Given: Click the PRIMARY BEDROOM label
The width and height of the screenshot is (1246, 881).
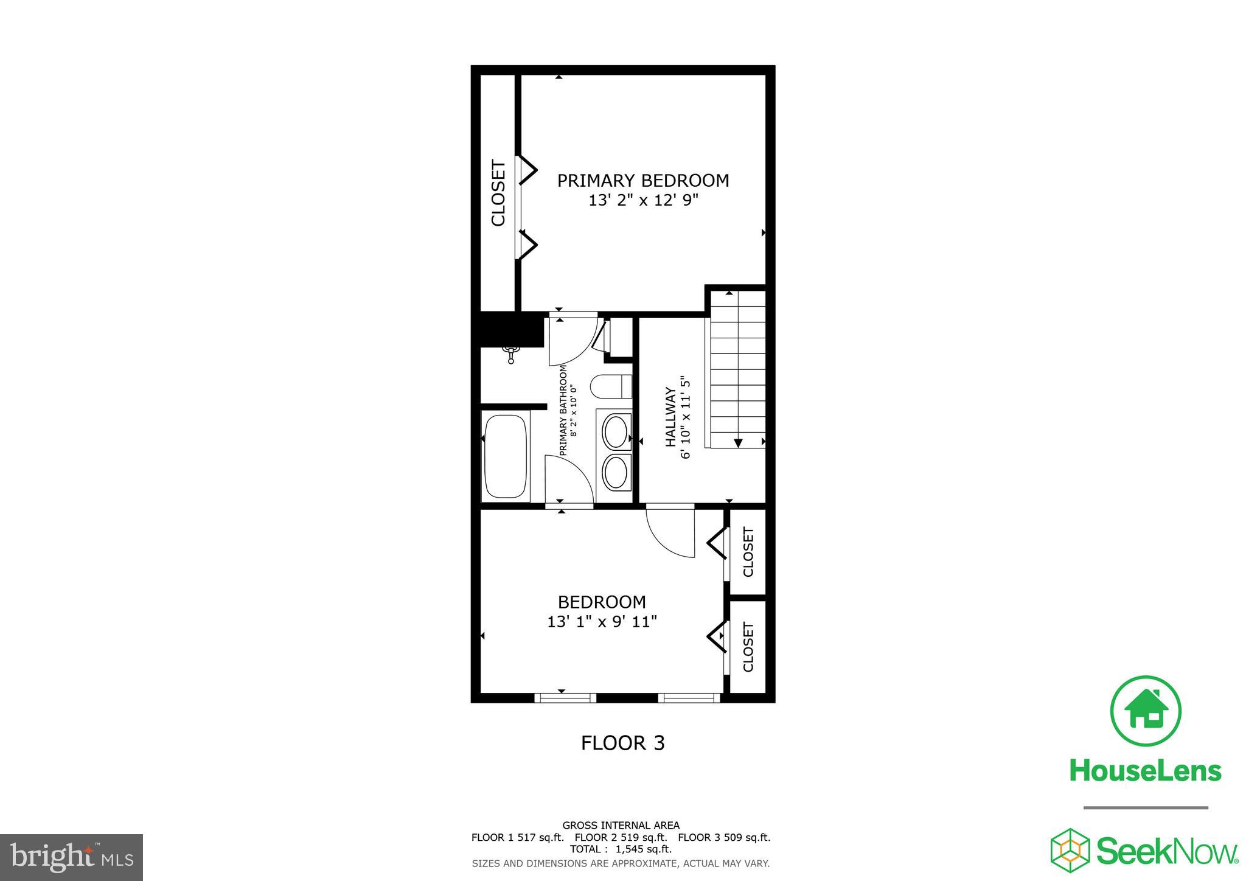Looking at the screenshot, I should click(x=643, y=181).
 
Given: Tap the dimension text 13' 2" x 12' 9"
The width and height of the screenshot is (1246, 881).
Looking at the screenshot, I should click(x=643, y=201).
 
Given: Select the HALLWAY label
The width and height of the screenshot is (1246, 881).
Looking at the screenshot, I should click(x=670, y=417).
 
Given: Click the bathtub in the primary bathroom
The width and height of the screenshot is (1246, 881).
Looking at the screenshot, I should click(x=505, y=456).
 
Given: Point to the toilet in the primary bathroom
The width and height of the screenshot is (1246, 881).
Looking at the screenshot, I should click(x=611, y=386).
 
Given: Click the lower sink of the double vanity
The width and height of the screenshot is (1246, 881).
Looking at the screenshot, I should click(x=616, y=473).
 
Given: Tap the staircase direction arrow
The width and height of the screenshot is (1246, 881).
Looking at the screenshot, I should click(x=738, y=443).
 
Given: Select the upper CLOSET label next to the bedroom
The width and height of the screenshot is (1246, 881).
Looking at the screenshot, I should click(x=748, y=552).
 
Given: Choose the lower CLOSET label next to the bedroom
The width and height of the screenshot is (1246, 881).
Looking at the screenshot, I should click(x=748, y=647).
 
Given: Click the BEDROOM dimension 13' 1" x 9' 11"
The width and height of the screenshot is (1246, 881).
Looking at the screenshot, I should click(x=602, y=622).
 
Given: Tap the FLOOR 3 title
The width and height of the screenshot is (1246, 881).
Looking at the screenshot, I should click(x=622, y=743).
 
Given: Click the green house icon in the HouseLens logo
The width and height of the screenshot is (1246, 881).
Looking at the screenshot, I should click(x=1146, y=711).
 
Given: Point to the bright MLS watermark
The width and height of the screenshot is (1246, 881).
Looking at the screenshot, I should click(x=71, y=857).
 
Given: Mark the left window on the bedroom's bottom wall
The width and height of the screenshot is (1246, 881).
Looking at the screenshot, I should click(x=565, y=698).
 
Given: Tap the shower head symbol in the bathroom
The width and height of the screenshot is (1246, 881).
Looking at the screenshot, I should click(x=511, y=353).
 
